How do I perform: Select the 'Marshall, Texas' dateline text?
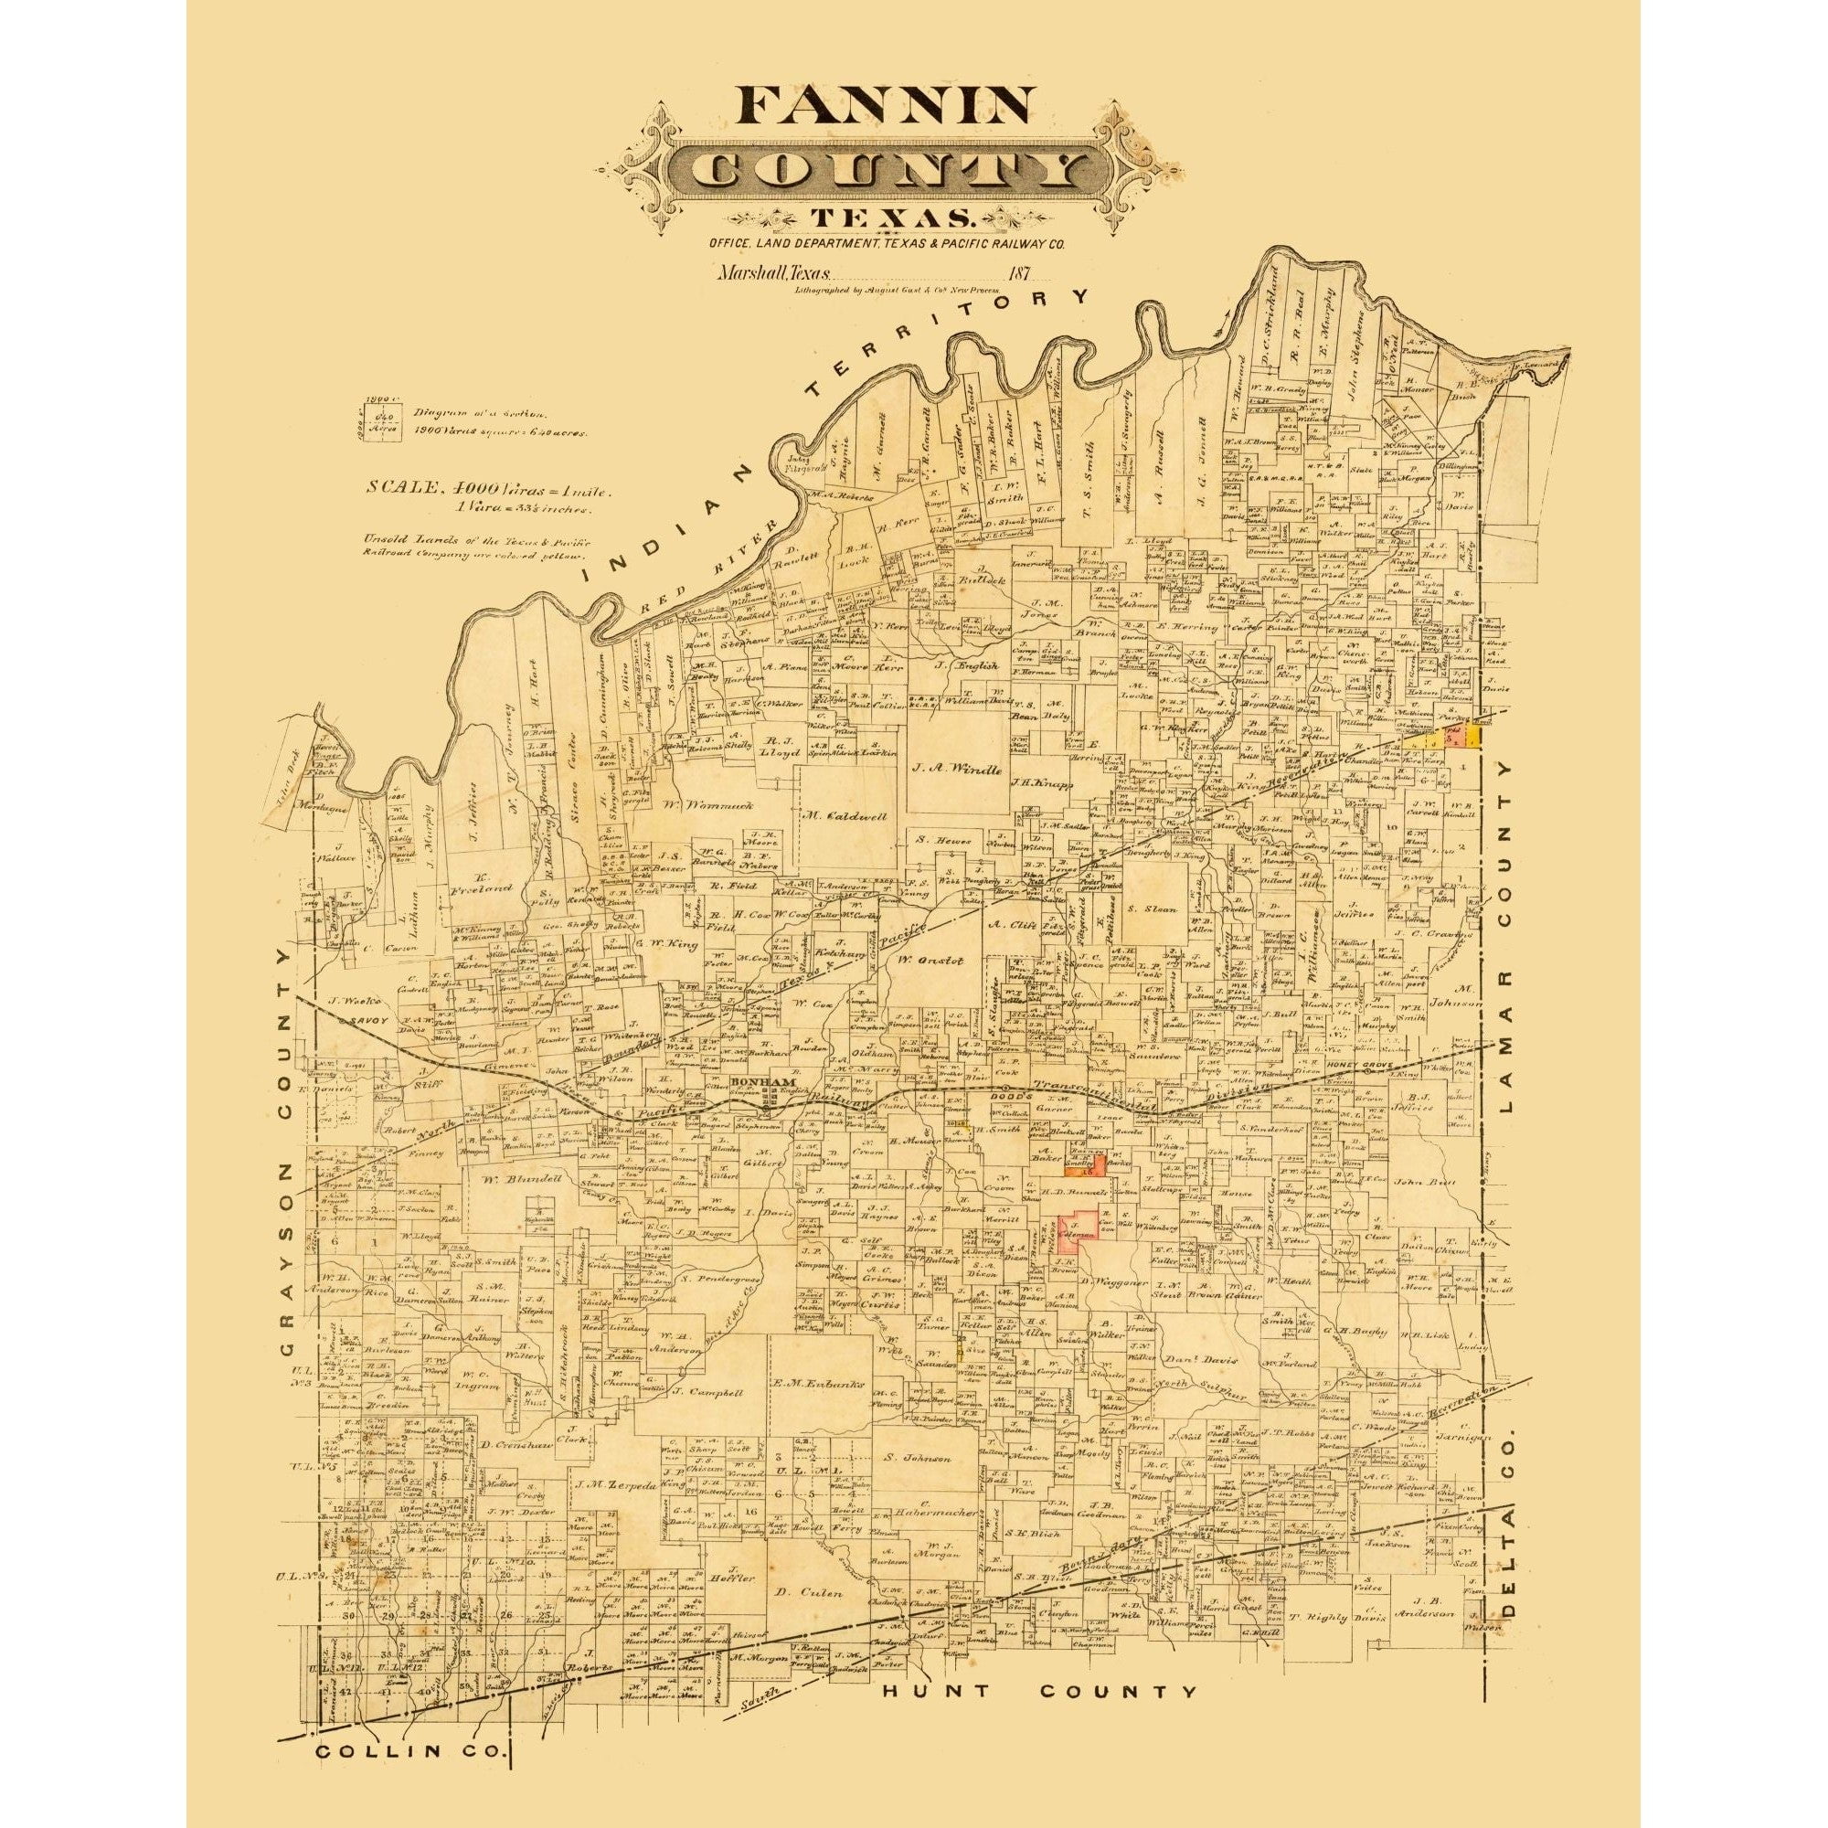(772, 275)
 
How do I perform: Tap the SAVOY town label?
(366, 1022)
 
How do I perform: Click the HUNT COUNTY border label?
(1038, 1692)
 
